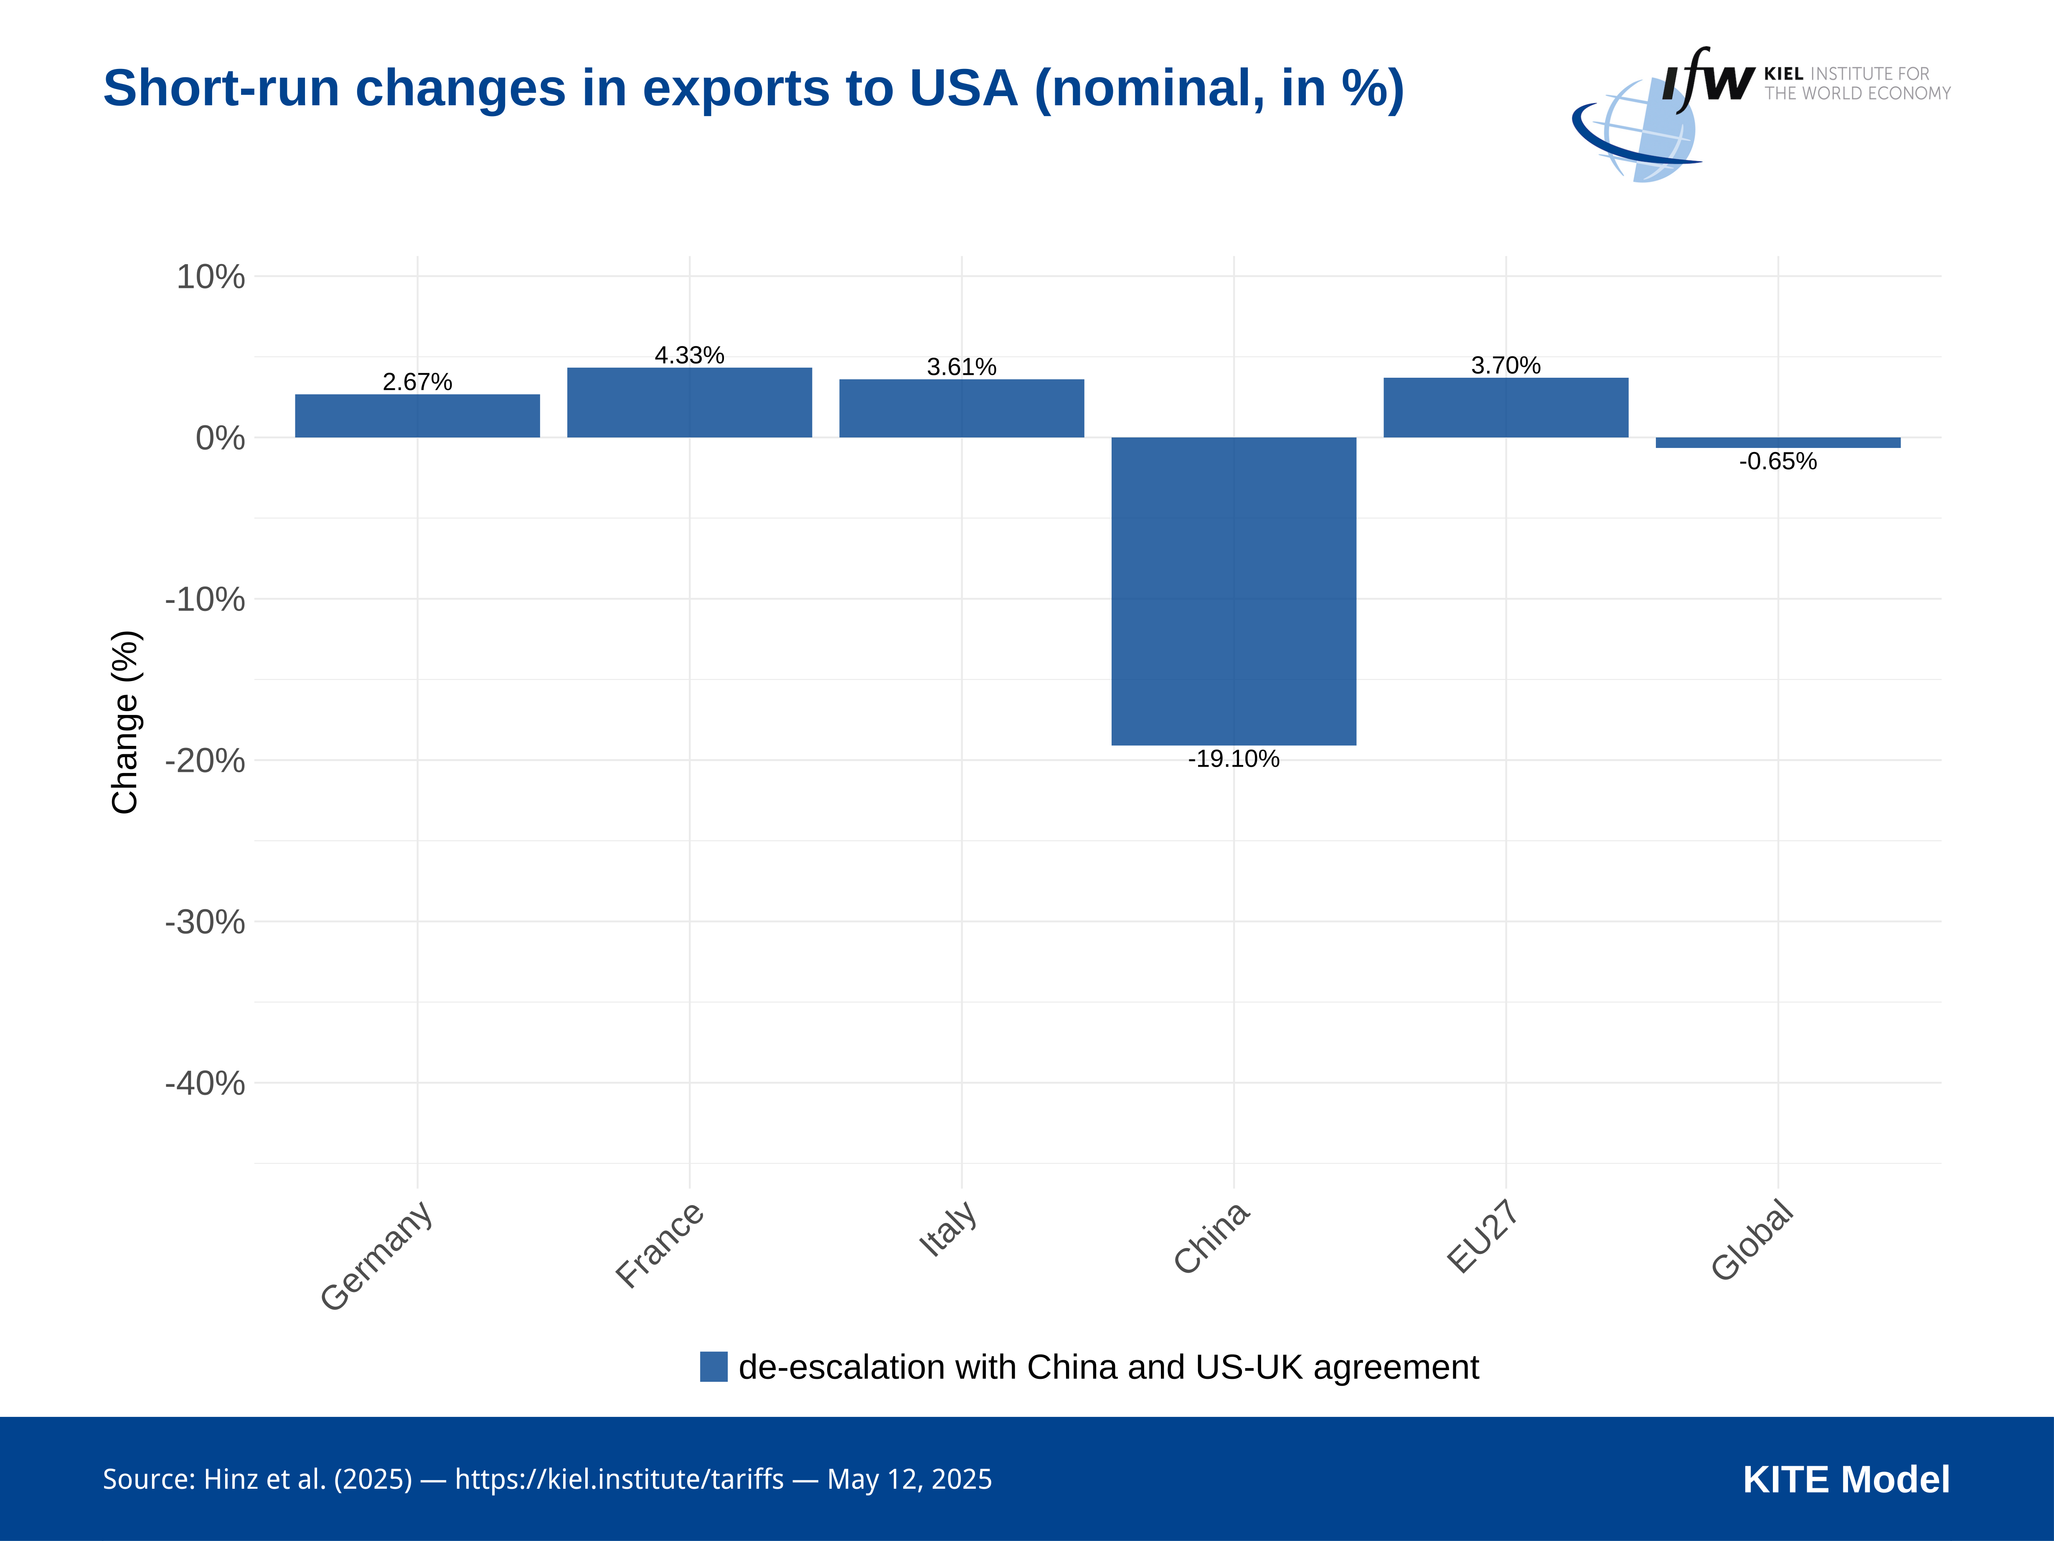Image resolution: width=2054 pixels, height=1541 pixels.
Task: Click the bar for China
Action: tap(1233, 591)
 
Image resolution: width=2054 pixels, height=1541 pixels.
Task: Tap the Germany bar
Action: tap(417, 416)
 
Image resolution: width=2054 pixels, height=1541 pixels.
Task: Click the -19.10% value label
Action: tap(1233, 759)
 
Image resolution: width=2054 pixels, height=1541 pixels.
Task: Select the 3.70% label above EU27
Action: tap(1505, 365)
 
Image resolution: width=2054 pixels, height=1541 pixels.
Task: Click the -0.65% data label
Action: tap(1777, 462)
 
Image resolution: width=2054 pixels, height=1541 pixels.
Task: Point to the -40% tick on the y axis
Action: tap(205, 1083)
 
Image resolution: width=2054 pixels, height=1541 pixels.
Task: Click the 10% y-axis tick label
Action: tap(211, 277)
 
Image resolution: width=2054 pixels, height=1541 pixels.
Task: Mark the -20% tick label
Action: tap(205, 761)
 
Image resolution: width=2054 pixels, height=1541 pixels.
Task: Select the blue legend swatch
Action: tap(713, 1366)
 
